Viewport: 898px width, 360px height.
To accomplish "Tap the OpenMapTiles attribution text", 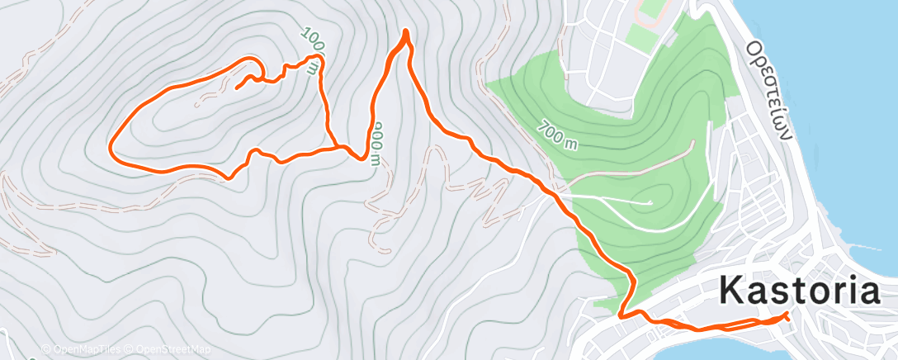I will (83, 349).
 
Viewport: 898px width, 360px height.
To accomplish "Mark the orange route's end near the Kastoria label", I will (787, 315).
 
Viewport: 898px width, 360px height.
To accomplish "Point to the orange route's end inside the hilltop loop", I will (237, 88).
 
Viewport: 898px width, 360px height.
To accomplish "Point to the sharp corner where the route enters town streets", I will (621, 314).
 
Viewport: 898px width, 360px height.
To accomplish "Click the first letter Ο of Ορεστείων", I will (753, 47).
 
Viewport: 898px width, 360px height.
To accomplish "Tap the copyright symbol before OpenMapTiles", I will (46, 349).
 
